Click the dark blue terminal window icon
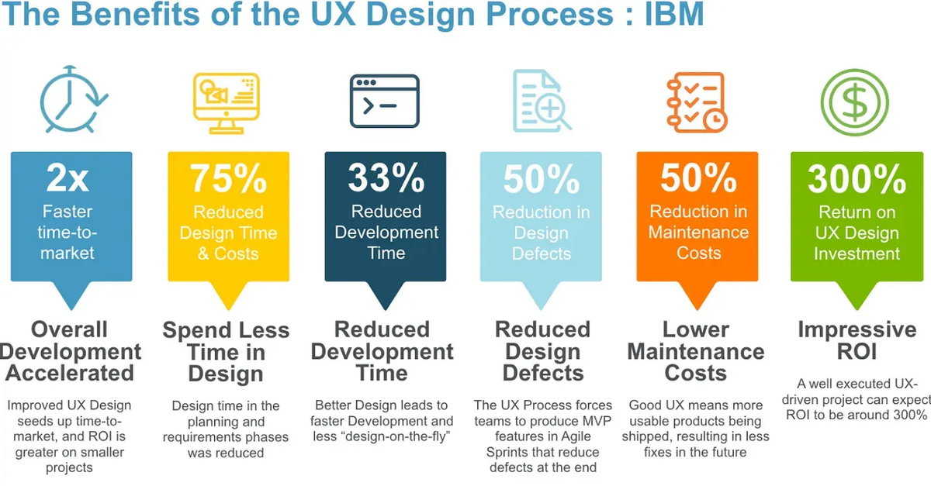pyautogui.click(x=384, y=101)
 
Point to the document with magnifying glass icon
pyautogui.click(x=541, y=101)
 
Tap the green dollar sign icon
pyautogui.click(x=855, y=102)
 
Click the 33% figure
pyautogui.click(x=386, y=179)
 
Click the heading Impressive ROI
pyautogui.click(x=857, y=340)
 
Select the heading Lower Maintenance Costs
pyautogui.click(x=696, y=351)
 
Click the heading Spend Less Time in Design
pyautogui.click(x=226, y=351)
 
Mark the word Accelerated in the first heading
pyautogui.click(x=71, y=373)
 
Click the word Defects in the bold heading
pyautogui.click(x=543, y=373)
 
